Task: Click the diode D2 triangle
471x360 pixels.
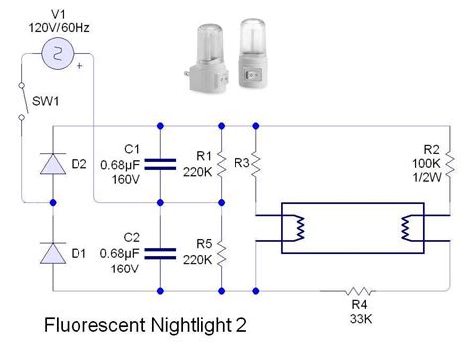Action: (53, 163)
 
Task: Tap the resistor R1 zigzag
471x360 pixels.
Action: (221, 163)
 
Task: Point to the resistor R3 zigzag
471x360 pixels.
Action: (256, 163)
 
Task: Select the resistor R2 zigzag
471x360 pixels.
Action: (449, 163)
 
